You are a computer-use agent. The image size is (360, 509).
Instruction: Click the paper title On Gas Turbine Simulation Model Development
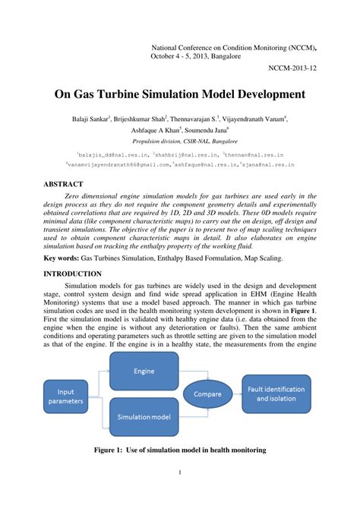pyautogui.click(x=179, y=95)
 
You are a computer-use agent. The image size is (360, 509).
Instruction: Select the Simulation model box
pyautogui.click(x=144, y=417)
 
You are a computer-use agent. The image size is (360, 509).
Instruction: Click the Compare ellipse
pyautogui.click(x=207, y=394)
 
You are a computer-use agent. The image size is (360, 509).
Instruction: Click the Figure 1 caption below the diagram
pyautogui.click(x=179, y=450)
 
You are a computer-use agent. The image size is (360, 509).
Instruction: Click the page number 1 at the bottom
pyautogui.click(x=180, y=495)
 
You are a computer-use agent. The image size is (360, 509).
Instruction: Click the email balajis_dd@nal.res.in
pyautogui.click(x=109, y=153)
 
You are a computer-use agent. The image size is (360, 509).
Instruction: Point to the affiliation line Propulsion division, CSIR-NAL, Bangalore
pyautogui.click(x=179, y=141)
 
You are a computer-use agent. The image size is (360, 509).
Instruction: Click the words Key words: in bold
pyautogui.click(x=65, y=258)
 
